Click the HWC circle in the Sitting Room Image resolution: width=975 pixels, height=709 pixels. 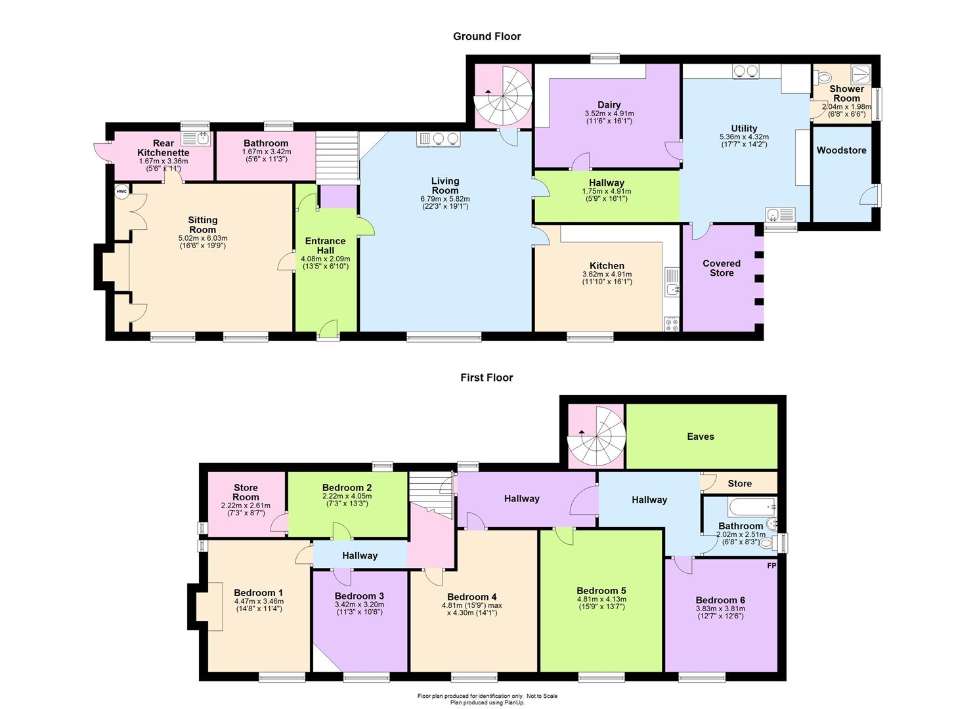(x=122, y=192)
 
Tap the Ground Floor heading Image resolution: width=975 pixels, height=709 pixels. (x=487, y=37)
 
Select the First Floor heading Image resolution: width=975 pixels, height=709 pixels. (x=487, y=377)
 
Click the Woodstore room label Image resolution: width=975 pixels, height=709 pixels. (x=841, y=150)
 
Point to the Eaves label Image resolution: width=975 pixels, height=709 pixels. (x=701, y=436)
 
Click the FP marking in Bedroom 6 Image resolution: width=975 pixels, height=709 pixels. (x=771, y=566)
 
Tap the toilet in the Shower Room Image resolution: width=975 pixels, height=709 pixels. (x=822, y=78)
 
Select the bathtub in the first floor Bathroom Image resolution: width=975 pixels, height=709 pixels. (x=752, y=507)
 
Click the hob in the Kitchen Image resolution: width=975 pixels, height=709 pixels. (x=672, y=324)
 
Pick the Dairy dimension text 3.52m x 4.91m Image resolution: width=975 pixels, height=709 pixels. (x=609, y=114)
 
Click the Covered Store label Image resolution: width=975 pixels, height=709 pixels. (x=722, y=268)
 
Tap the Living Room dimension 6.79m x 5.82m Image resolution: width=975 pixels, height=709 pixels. (x=445, y=199)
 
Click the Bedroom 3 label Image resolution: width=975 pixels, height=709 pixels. (x=359, y=596)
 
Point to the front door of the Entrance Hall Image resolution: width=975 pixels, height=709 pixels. (x=328, y=332)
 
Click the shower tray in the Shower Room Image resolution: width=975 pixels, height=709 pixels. (x=861, y=74)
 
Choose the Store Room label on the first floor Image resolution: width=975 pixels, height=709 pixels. (x=246, y=492)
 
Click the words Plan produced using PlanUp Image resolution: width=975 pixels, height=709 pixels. (x=487, y=702)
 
